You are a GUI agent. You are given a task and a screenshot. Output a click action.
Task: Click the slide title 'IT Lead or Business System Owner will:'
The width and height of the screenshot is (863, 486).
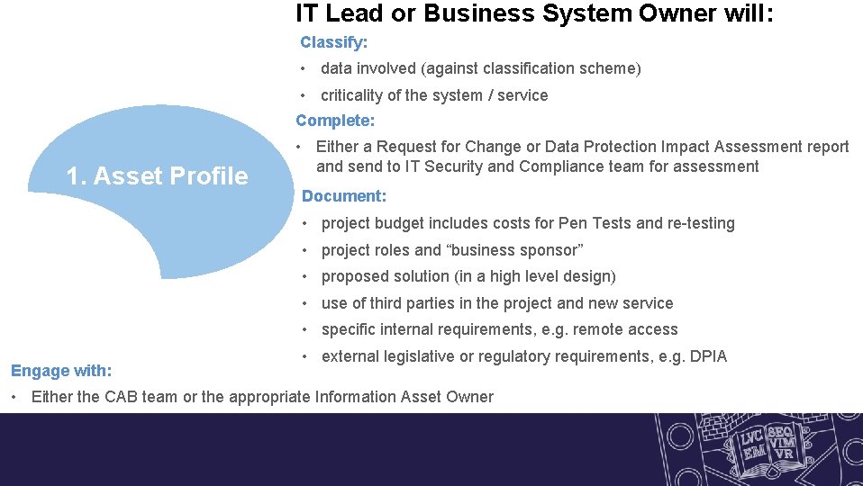(x=534, y=13)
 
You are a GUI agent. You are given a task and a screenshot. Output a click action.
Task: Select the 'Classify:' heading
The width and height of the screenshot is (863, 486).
(x=333, y=42)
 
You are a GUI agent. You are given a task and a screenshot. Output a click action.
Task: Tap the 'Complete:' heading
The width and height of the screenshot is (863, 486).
(x=335, y=121)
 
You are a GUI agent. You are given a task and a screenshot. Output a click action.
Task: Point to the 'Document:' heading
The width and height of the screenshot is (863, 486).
(x=344, y=196)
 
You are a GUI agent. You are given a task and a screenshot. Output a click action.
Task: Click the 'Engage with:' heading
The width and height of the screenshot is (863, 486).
(x=61, y=371)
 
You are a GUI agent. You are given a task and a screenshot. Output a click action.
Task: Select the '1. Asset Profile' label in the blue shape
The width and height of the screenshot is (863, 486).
(x=157, y=176)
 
